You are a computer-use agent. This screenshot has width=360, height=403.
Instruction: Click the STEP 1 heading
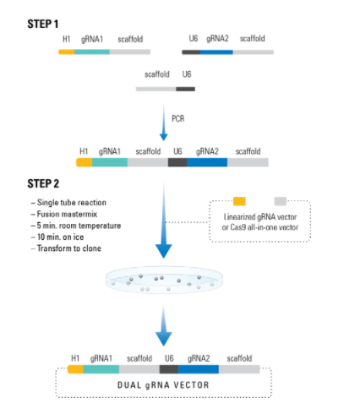[43, 24]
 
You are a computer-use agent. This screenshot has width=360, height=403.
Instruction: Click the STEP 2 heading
[43, 183]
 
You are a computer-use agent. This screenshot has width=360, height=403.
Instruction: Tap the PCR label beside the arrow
[178, 118]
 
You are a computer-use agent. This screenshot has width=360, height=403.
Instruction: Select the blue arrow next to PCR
[164, 123]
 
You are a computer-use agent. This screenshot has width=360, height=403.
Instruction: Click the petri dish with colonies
[164, 280]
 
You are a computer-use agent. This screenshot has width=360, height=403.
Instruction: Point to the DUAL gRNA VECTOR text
[163, 385]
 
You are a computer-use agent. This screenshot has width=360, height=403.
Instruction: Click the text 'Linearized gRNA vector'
[260, 217]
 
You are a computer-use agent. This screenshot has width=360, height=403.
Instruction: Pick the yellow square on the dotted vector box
[239, 201]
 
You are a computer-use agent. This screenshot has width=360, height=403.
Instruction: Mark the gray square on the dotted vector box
[281, 201]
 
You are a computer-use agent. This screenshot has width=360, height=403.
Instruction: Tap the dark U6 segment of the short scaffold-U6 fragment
[185, 90]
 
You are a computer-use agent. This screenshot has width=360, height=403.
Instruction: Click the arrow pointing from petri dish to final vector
[164, 326]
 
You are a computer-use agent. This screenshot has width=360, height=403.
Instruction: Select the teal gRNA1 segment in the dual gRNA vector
[101, 369]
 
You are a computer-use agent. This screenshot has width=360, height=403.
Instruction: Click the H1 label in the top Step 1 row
[67, 39]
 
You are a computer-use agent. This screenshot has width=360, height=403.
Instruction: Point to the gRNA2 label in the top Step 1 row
[217, 39]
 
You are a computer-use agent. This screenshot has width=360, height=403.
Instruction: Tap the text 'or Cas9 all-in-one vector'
[260, 227]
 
